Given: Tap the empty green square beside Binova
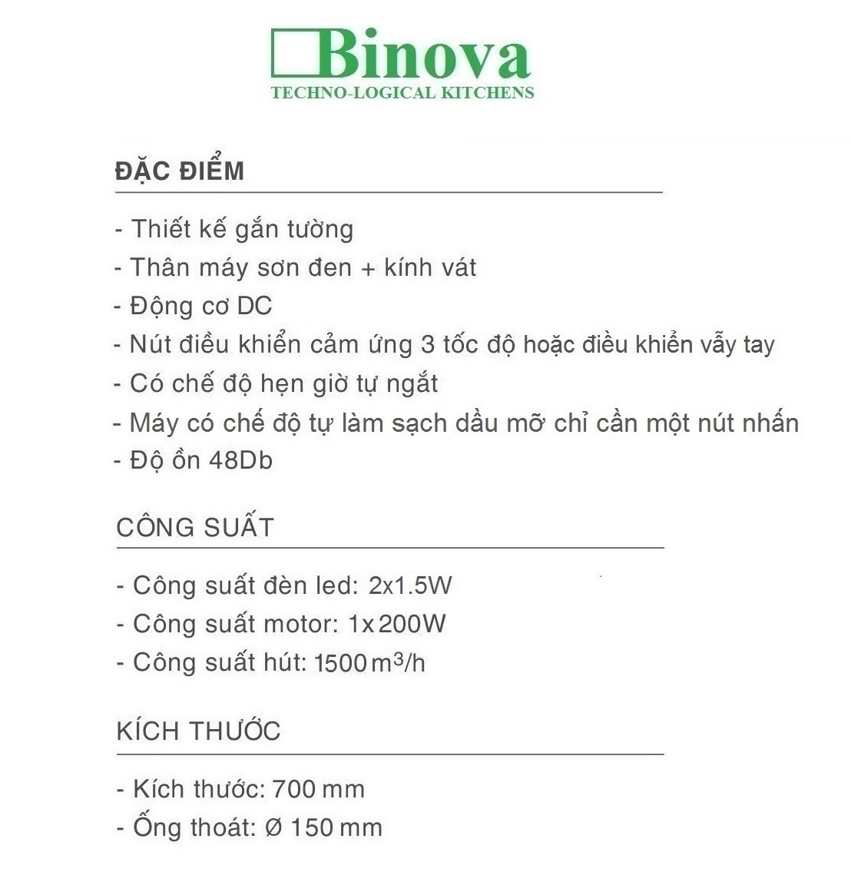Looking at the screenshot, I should pyautogui.click(x=293, y=54).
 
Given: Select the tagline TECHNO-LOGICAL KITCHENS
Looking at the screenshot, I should pyautogui.click(x=402, y=93).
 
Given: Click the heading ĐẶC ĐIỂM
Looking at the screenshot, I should pyautogui.click(x=180, y=171).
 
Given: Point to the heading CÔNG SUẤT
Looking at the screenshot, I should pyautogui.click(x=195, y=527).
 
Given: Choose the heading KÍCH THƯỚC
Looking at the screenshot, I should pyautogui.click(x=198, y=731).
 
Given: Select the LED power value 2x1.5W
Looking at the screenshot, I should pyautogui.click(x=410, y=585).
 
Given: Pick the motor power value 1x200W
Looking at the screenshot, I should pyautogui.click(x=396, y=624).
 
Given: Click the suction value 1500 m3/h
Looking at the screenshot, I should pyautogui.click(x=369, y=662).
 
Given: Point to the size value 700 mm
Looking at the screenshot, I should pyautogui.click(x=318, y=789).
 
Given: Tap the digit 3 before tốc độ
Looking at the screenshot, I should pyautogui.click(x=428, y=344).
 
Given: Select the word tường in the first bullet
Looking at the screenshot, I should pyautogui.click(x=320, y=230).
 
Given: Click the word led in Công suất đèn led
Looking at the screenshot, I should pyautogui.click(x=334, y=585).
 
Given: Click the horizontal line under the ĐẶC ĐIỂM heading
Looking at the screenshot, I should pyautogui.click(x=389, y=192).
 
